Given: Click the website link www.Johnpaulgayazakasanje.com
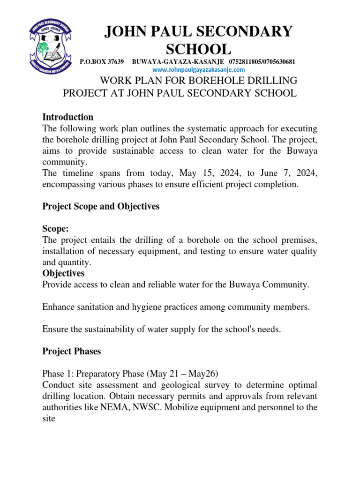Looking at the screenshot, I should click(x=199, y=69).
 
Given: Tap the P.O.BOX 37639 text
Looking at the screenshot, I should click(x=102, y=62).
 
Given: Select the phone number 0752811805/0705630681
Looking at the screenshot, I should click(x=262, y=62).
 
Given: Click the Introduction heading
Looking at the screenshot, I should click(x=67, y=117).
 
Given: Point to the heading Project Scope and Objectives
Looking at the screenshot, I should click(x=101, y=206).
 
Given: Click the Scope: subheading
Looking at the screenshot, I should click(x=55, y=229).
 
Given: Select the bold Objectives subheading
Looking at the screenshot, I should click(x=63, y=273).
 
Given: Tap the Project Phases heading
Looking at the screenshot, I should click(x=71, y=351).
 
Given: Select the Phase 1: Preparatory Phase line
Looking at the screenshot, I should click(x=129, y=374).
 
